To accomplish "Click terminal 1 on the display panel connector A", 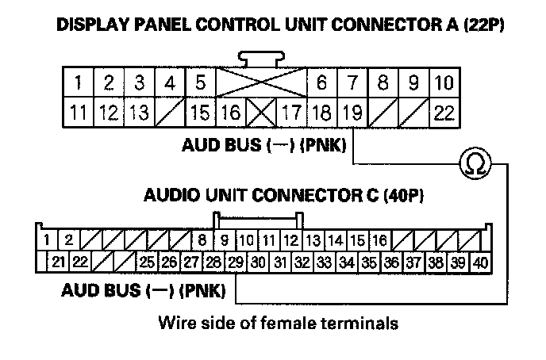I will coord(78,82).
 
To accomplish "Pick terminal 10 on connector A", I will coord(444,82).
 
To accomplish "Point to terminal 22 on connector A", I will coord(444,113).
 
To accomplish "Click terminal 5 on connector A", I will coord(200,82).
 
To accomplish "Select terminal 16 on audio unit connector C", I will coord(379,239).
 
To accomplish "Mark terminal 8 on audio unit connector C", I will coord(202,239).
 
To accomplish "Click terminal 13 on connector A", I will coord(139,113).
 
